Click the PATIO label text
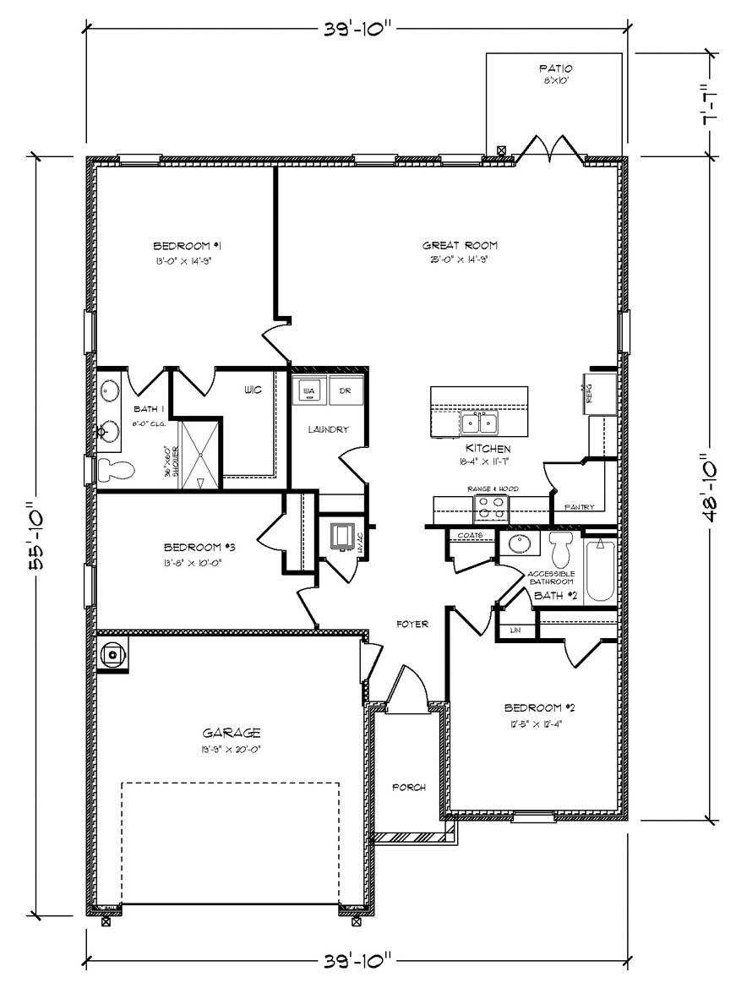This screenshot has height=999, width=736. click(555, 68)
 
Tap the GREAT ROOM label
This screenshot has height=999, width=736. click(456, 246)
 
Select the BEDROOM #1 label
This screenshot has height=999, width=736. click(187, 246)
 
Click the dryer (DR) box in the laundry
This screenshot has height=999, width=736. click(345, 391)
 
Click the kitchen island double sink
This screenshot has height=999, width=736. click(479, 423)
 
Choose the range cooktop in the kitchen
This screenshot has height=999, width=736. click(491, 508)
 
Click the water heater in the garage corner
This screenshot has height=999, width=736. click(113, 653)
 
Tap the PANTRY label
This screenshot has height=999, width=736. click(580, 507)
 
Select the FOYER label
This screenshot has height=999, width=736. click(413, 624)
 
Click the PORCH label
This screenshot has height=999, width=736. click(409, 787)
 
